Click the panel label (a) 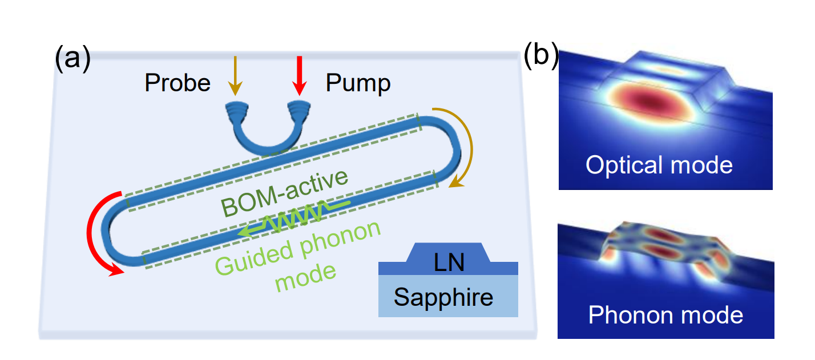click(72, 60)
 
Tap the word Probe click(177, 83)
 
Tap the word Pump click(358, 83)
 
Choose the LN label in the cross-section click(449, 263)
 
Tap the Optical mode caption click(659, 165)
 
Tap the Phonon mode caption click(665, 315)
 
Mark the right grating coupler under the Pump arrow click(298, 108)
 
